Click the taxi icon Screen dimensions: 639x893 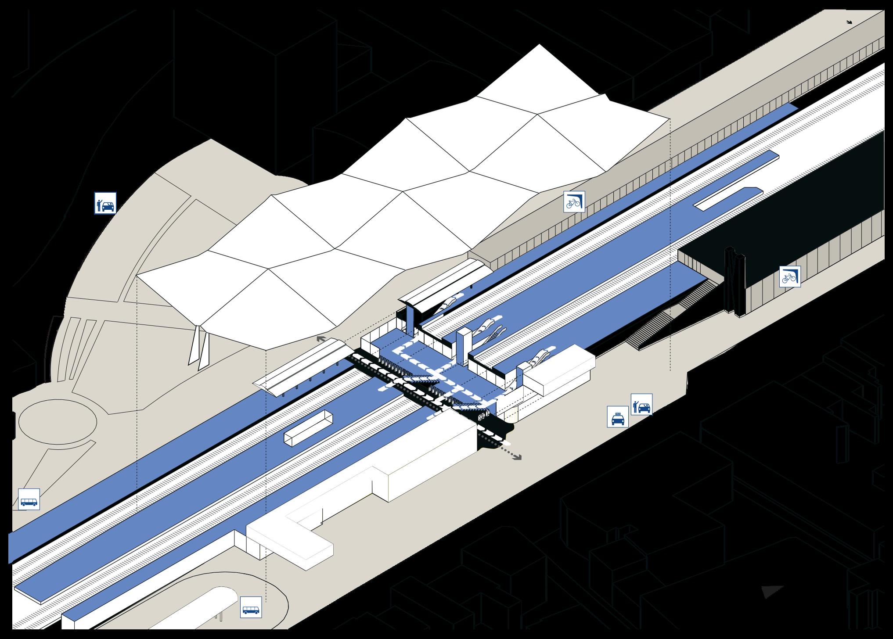[617, 416]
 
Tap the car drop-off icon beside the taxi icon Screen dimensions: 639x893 [642, 404]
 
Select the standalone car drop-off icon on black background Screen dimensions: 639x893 [105, 203]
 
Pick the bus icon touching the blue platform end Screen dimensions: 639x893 [29, 499]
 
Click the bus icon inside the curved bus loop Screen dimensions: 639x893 [251, 607]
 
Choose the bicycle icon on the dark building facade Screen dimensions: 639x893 [790, 276]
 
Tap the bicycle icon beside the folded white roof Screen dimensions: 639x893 [574, 202]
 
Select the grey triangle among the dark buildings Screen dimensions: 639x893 [772, 592]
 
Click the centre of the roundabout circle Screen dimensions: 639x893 [58, 422]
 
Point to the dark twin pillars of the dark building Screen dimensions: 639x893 [735, 281]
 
